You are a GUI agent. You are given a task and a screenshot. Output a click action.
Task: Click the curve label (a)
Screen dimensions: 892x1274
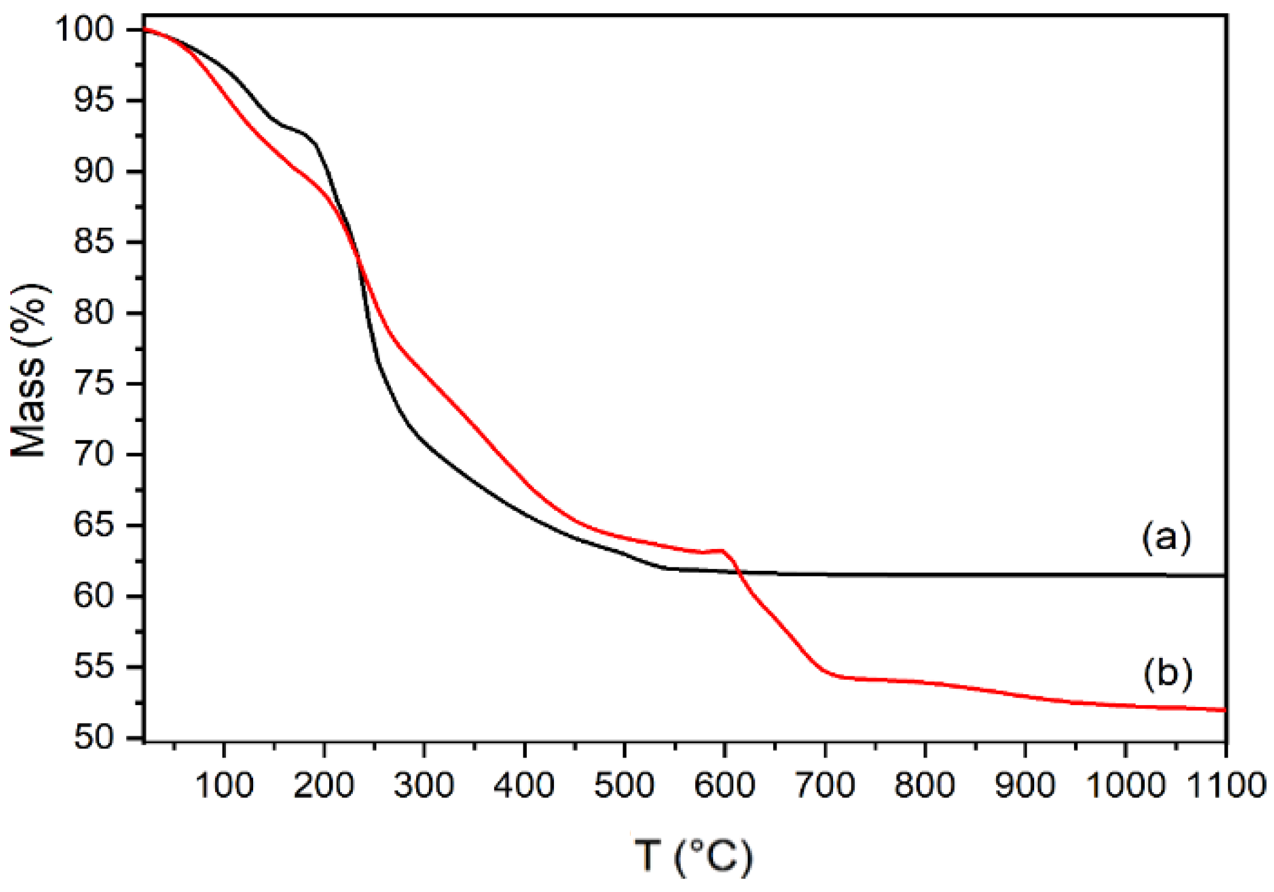pos(1166,537)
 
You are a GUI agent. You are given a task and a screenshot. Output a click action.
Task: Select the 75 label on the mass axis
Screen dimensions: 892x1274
pos(93,383)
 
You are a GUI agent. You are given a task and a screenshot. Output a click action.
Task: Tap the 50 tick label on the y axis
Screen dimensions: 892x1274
pos(93,737)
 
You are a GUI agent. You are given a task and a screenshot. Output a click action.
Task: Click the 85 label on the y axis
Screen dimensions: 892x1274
pos(93,242)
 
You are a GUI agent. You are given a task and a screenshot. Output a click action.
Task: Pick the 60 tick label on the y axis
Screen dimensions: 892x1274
pos(93,596)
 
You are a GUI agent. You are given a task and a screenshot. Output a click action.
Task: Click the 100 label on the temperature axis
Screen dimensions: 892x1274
pos(224,785)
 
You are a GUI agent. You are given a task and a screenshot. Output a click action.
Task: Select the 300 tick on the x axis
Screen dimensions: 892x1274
pos(424,785)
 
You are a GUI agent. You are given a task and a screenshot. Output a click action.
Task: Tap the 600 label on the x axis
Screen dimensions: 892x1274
pos(724,785)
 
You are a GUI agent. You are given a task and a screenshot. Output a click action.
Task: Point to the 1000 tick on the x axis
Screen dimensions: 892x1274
pos(1125,785)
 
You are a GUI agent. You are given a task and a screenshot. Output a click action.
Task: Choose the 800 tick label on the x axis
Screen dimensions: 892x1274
pos(925,785)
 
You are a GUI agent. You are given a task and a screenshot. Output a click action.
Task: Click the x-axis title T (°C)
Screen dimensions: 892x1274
pos(694,856)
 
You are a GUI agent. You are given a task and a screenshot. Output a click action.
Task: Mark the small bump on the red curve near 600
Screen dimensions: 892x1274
pos(721,551)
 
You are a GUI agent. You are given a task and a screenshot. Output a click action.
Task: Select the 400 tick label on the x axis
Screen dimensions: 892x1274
pos(524,785)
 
